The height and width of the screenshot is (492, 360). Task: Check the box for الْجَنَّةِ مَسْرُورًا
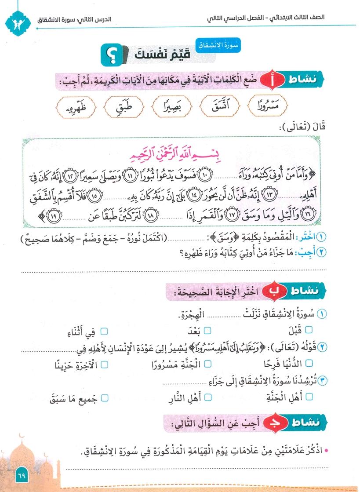click(208, 364)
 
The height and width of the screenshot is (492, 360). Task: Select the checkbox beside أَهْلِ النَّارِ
click(208, 397)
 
